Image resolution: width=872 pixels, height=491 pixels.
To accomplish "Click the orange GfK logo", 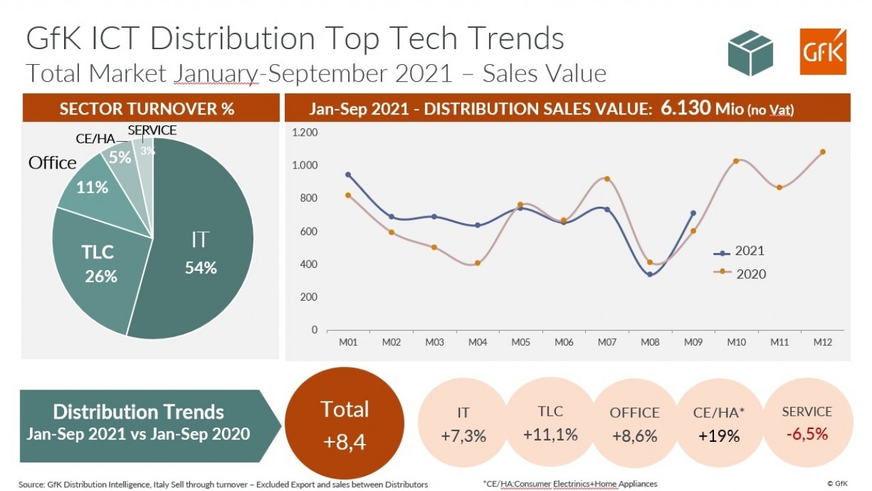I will (822, 52).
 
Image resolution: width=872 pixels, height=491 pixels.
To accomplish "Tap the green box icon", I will (750, 53).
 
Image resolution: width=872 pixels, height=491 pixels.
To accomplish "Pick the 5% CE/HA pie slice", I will (120, 158).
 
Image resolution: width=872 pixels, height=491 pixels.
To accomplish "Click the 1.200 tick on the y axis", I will (305, 132).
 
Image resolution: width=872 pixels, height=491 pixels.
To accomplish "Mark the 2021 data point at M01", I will (348, 175).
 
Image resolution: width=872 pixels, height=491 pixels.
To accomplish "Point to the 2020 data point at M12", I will (822, 152).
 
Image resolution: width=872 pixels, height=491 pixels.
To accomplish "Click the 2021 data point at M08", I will (650, 274).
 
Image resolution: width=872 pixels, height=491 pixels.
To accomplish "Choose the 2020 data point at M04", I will (478, 263).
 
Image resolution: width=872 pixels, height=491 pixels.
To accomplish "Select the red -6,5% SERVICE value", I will (807, 434).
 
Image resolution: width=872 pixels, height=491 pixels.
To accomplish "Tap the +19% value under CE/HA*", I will (719, 436).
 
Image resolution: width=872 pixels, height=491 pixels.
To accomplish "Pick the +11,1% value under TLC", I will (550, 434).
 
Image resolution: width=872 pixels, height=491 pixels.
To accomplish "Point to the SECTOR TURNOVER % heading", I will (147, 109).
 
